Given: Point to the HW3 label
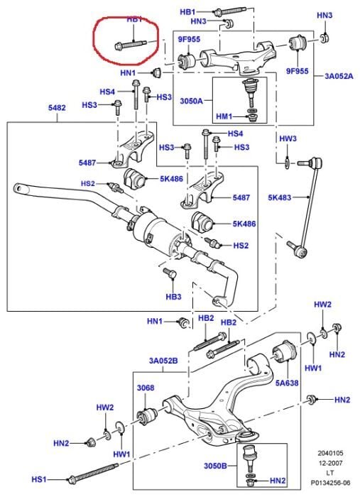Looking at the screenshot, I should click(x=288, y=138).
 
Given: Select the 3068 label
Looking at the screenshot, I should click(x=145, y=388).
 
